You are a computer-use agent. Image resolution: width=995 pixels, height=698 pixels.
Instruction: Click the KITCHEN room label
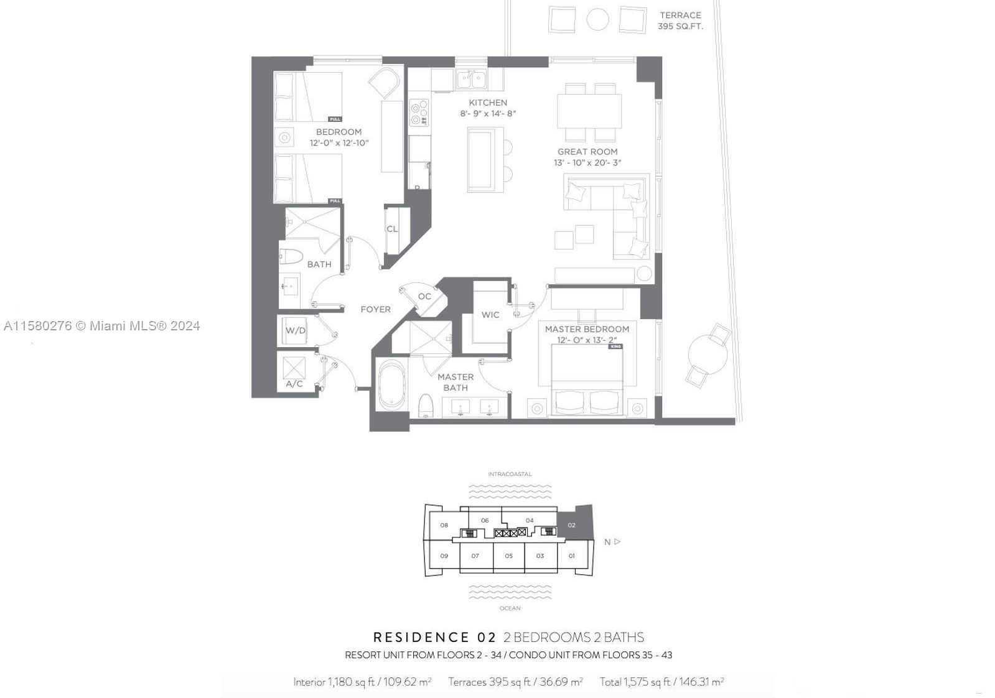click(487, 103)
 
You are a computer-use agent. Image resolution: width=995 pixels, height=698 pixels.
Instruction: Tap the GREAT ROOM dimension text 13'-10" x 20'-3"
click(587, 163)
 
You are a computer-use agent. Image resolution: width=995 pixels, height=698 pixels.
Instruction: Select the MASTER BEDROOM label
click(587, 329)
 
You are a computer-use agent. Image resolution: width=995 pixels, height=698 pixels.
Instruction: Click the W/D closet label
click(296, 330)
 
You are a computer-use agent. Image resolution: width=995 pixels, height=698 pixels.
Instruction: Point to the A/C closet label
click(294, 384)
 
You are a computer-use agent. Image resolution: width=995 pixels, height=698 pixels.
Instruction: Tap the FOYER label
click(375, 309)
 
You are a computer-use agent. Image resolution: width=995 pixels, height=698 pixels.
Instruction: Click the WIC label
click(490, 315)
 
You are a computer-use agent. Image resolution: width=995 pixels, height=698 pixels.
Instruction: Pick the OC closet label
click(424, 297)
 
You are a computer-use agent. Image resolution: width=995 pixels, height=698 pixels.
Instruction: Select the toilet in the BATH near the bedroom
click(291, 256)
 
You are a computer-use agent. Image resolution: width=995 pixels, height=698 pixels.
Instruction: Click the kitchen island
click(485, 159)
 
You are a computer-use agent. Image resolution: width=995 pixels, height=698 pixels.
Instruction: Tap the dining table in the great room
click(589, 111)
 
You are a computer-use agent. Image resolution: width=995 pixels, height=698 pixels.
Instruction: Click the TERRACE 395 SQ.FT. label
click(680, 21)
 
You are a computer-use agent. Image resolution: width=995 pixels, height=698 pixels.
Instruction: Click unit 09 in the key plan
click(444, 556)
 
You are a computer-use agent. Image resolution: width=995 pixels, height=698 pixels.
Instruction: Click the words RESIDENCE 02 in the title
click(434, 637)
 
